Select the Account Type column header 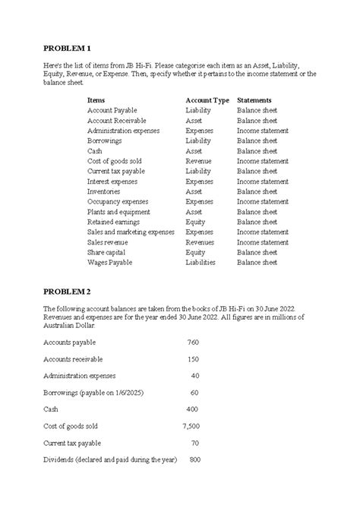tap(207, 100)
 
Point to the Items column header tap(96, 100)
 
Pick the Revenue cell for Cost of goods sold tap(199, 161)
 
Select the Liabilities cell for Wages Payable tap(201, 263)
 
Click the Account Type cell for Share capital tap(195, 252)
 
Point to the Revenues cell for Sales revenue tap(200, 242)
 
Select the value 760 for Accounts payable tap(193, 342)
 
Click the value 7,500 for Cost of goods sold tap(191, 426)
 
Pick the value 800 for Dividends tap(194, 459)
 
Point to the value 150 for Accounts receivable tap(193, 358)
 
